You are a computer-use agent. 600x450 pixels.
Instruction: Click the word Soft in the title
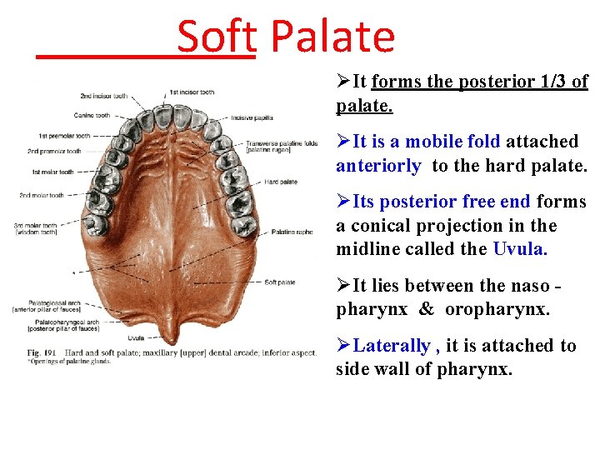pos(216,37)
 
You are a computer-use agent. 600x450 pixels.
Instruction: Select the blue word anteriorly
pos(378,165)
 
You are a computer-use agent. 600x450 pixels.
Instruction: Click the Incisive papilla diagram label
pos(253,117)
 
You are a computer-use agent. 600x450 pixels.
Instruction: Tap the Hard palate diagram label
pos(282,181)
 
